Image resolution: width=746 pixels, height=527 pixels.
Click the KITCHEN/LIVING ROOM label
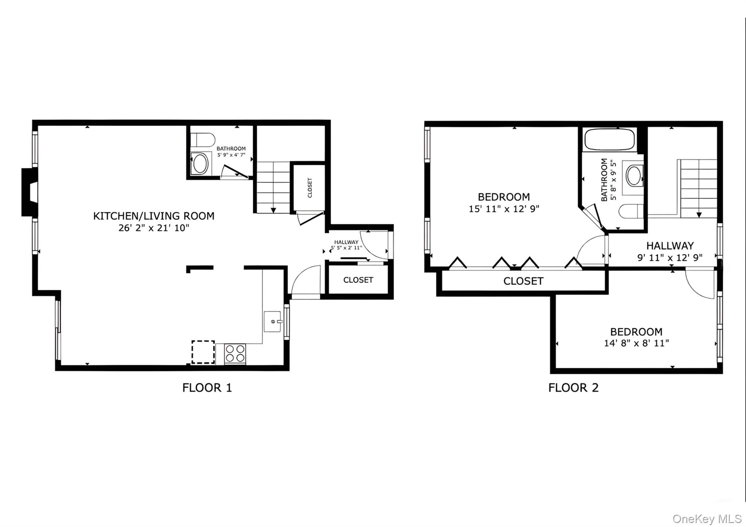(154, 216)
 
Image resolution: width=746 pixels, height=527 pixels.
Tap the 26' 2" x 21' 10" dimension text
(154, 228)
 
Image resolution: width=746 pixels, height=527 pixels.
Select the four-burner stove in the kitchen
(235, 353)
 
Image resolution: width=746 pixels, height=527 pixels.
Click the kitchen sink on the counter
(273, 322)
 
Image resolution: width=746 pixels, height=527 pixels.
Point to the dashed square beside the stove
(203, 352)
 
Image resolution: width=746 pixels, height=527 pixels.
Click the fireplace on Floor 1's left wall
(30, 192)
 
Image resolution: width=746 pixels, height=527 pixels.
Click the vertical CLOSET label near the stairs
(310, 188)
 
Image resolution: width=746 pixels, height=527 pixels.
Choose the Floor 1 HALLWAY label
(346, 242)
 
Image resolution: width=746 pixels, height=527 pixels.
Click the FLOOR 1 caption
(207, 388)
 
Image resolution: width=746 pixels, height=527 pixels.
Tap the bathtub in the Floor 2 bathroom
(609, 140)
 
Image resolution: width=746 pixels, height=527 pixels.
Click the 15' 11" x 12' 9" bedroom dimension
(504, 209)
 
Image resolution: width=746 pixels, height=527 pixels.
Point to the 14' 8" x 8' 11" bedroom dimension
(636, 343)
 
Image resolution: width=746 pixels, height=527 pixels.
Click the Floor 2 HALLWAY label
(670, 245)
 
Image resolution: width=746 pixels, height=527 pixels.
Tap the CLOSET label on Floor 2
(523, 281)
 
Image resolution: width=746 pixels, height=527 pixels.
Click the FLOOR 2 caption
(573, 388)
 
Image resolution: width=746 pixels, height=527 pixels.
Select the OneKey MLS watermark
(707, 519)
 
